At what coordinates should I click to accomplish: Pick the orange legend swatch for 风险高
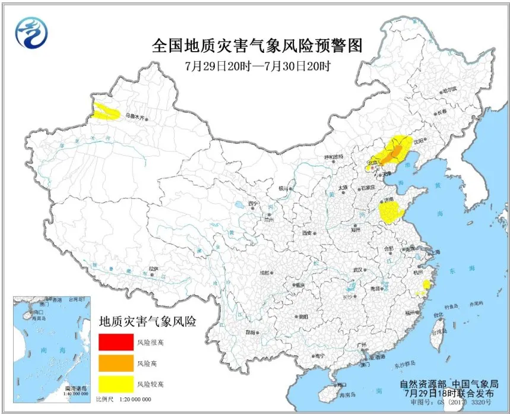pyautogui.click(x=116, y=363)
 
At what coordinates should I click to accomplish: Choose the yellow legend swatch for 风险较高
pyautogui.click(x=116, y=383)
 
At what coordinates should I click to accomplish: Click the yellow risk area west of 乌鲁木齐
pyautogui.click(x=106, y=112)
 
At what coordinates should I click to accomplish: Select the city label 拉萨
pyautogui.click(x=154, y=269)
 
